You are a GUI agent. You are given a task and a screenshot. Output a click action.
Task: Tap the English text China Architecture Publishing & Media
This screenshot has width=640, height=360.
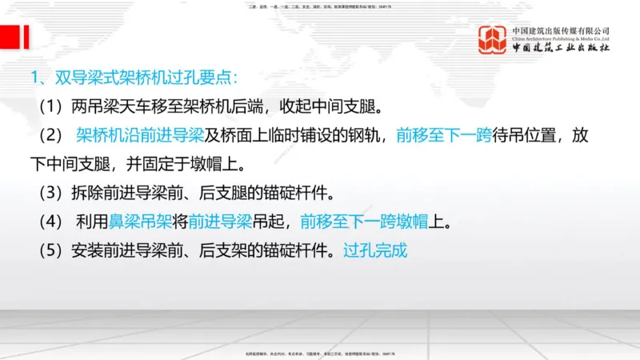[x=561, y=38]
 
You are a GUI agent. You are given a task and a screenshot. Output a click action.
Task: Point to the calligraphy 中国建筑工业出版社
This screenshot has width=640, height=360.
[x=561, y=48]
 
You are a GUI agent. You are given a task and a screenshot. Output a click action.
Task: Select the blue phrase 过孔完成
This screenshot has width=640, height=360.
[x=375, y=250]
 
